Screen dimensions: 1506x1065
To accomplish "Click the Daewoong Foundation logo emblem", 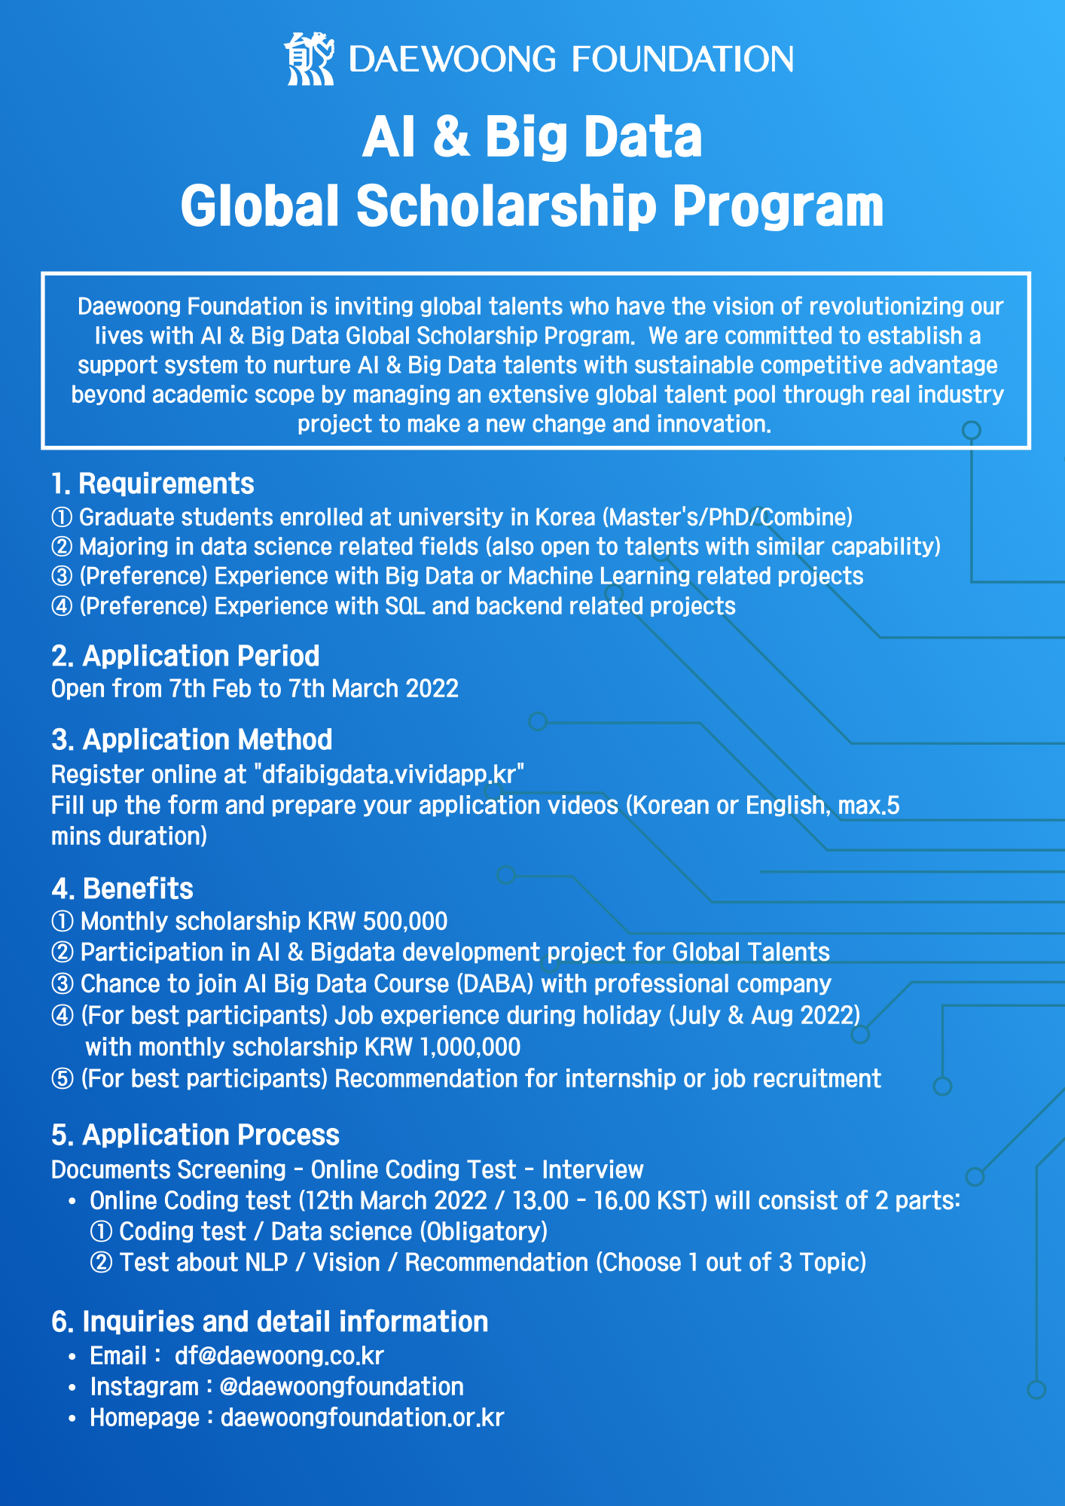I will click(309, 59).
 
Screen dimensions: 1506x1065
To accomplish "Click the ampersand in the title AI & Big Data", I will click(450, 138).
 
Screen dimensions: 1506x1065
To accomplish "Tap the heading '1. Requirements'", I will click(153, 483).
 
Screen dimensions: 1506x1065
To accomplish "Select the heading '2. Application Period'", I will click(185, 656).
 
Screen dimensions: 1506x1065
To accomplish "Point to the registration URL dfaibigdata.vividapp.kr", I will click(389, 774).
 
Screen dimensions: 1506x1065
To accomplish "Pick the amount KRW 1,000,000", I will click(442, 1047).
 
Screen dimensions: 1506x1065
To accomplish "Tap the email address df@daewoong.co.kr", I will click(279, 1355).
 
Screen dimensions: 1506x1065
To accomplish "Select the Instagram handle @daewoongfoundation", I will click(341, 1386).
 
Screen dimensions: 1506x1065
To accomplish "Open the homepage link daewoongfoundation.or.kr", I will click(362, 1417).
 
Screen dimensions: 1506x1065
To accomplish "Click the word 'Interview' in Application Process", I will click(593, 1169).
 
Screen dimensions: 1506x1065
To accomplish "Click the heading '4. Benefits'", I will click(122, 889).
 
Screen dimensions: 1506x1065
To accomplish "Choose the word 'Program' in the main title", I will click(777, 206).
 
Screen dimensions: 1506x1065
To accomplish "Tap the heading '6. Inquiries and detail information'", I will click(270, 1322).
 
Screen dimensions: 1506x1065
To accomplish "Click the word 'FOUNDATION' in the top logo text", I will click(682, 59).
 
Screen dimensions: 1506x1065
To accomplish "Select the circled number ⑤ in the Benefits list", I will click(62, 1079).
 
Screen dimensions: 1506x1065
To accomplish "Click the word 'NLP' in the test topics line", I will click(267, 1262).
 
